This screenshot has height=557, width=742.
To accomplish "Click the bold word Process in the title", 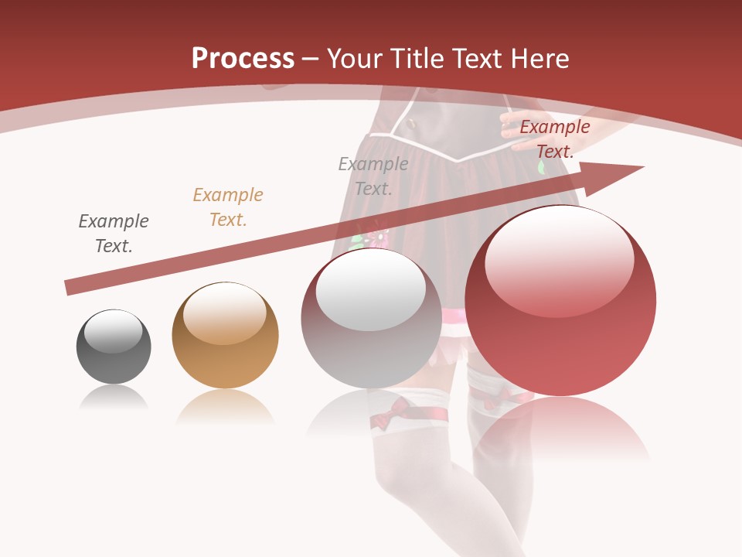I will tap(243, 58).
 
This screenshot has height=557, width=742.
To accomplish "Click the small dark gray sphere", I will tap(114, 347).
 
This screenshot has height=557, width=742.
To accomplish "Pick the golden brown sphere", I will tap(225, 335).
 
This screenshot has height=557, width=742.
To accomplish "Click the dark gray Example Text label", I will tap(114, 234).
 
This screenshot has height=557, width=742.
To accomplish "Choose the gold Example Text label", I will tap(228, 207).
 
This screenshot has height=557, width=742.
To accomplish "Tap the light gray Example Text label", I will tap(373, 176).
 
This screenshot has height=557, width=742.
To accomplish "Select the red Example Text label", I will tap(555, 139).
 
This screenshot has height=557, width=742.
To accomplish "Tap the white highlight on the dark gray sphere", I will tap(114, 331).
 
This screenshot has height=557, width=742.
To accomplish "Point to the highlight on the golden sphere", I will tap(224, 312).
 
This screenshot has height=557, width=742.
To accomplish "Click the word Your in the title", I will tap(350, 58).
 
